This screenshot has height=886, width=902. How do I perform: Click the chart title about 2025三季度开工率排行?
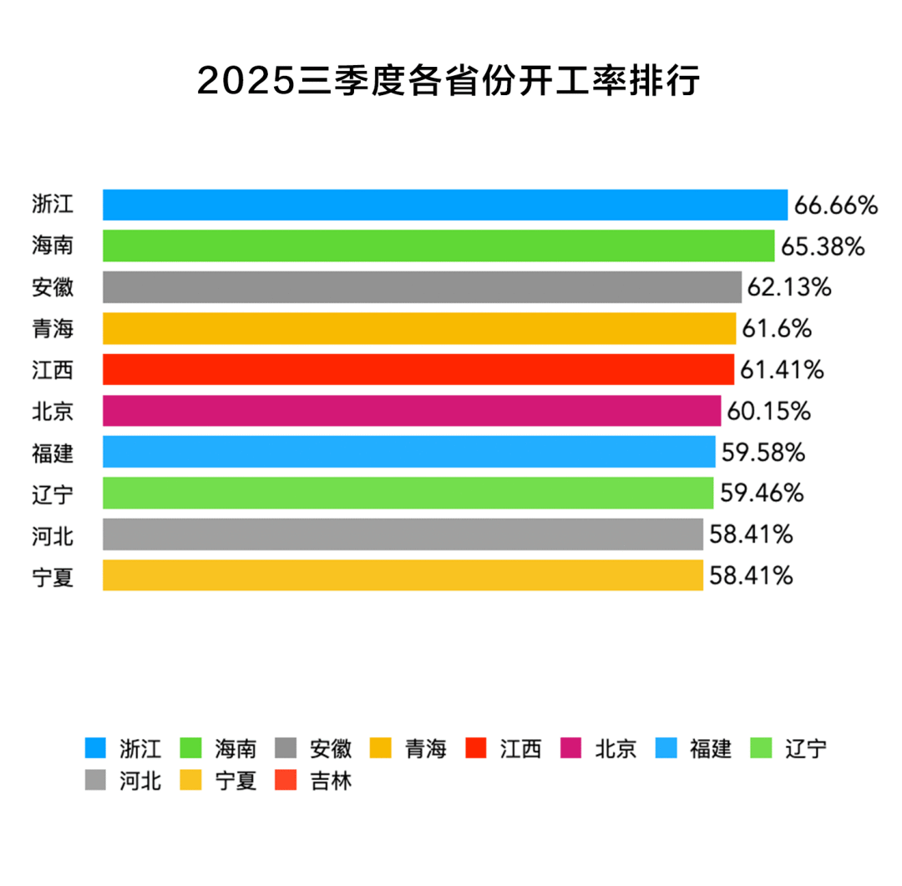(x=448, y=81)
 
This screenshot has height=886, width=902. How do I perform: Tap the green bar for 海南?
(x=438, y=246)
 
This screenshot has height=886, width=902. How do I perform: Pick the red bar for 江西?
(x=418, y=369)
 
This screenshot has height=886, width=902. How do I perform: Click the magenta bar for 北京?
(x=411, y=411)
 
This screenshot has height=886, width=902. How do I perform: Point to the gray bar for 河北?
(x=403, y=534)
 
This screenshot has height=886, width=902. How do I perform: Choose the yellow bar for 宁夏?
(x=403, y=575)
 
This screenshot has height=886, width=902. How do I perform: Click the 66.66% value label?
(x=836, y=205)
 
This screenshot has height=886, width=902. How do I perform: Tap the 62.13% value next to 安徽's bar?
(x=789, y=288)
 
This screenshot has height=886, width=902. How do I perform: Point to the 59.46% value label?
(x=762, y=494)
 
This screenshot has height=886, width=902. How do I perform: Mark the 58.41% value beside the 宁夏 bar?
(x=751, y=575)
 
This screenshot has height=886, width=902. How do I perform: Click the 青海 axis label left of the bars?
(x=53, y=329)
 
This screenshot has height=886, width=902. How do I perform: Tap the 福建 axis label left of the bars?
(x=53, y=453)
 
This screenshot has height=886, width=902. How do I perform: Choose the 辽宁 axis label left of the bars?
(x=53, y=494)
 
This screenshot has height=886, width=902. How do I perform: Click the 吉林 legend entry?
(x=331, y=782)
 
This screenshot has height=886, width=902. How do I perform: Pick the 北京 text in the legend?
(x=616, y=748)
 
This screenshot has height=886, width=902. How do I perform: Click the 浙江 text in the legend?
(x=139, y=748)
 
